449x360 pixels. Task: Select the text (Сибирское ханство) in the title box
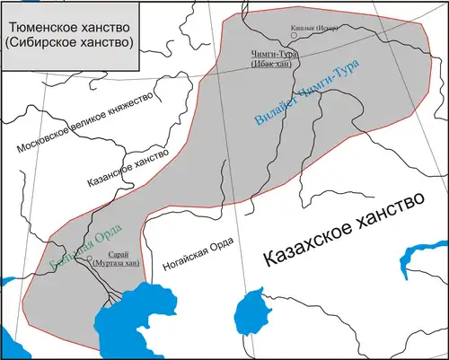pyautogui.click(x=68, y=43)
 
